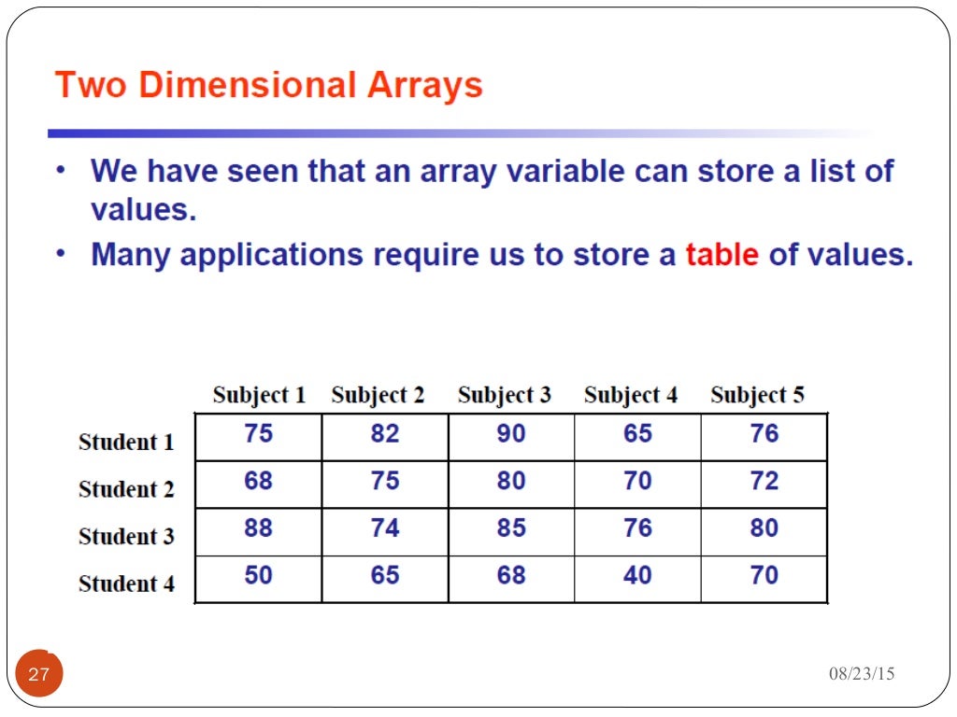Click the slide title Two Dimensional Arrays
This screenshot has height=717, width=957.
(x=268, y=86)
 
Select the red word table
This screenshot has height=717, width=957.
(x=721, y=255)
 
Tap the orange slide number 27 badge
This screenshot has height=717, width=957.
(x=39, y=674)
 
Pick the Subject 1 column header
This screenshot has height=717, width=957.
(x=259, y=395)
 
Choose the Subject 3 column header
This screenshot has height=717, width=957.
(x=505, y=395)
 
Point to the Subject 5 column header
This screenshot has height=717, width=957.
(x=757, y=395)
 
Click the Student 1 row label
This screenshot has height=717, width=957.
(x=126, y=442)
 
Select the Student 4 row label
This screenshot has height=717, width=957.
(x=126, y=584)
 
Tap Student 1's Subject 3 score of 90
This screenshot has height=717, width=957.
(x=511, y=434)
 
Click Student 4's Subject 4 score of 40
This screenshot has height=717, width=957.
(x=637, y=575)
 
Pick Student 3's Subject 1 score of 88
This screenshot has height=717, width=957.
(x=258, y=528)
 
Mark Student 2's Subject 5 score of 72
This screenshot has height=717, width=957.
(x=764, y=481)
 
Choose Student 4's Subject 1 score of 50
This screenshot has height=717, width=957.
(x=258, y=575)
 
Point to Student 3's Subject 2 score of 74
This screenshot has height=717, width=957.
(x=384, y=528)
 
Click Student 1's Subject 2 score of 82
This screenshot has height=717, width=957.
(x=384, y=434)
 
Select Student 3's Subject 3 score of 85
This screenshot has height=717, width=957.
(x=511, y=528)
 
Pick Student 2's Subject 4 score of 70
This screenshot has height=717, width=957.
(x=637, y=481)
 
